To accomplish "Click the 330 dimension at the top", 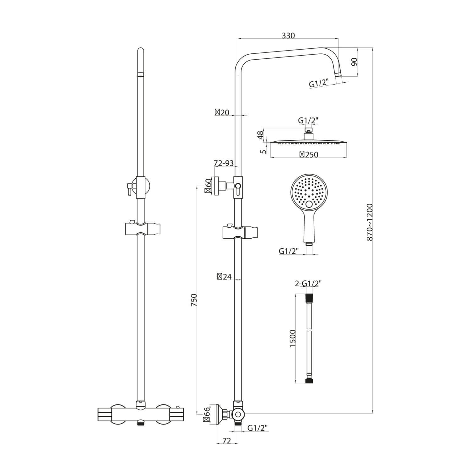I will click(288, 35).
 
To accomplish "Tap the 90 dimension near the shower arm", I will click(354, 62).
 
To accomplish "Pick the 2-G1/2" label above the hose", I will click(308, 284).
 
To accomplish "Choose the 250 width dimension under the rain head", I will click(309, 154).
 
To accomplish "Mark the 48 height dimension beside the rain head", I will click(260, 135).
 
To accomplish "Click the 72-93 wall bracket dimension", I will click(224, 163).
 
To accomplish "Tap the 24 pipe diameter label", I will click(224, 277).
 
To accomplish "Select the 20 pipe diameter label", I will click(222, 112).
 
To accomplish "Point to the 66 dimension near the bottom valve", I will click(206, 416).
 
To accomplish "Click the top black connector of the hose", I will click(309, 297).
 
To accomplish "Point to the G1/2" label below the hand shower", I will click(288, 251).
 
